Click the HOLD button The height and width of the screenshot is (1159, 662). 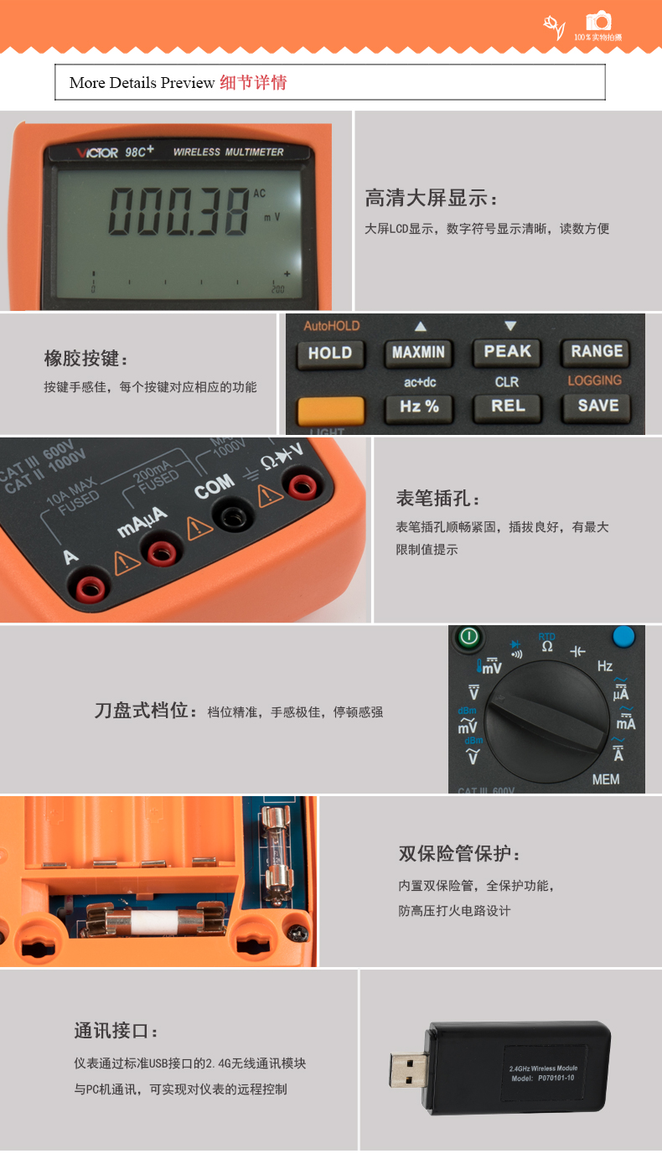coord(329,353)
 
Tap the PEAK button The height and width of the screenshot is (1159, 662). coord(507,351)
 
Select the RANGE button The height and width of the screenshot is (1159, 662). coord(596,351)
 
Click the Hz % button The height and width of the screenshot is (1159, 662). coord(419,407)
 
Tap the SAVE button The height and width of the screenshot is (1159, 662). coord(597,406)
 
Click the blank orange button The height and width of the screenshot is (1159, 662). coord(330,410)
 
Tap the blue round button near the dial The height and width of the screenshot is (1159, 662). coord(623,636)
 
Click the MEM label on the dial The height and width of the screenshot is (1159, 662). coord(605,779)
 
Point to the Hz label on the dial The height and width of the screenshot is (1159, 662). coord(604,666)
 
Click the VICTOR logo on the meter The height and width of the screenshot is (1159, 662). coord(96,153)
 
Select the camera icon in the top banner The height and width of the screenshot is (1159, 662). coord(598,22)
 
